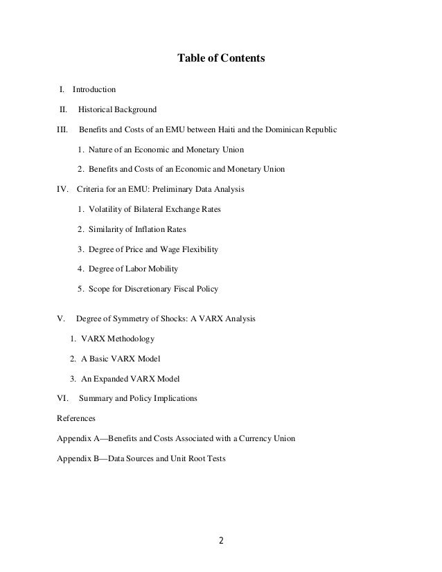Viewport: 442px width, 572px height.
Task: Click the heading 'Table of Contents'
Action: pos(221,59)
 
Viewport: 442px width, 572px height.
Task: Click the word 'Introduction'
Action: pos(94,89)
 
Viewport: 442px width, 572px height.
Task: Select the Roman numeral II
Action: pos(63,109)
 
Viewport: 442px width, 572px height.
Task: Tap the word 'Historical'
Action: pos(98,109)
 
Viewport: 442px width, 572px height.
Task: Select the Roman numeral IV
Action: pos(62,188)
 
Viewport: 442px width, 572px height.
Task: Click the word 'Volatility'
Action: pos(109,208)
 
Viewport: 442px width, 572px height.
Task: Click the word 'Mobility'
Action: pos(164,269)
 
